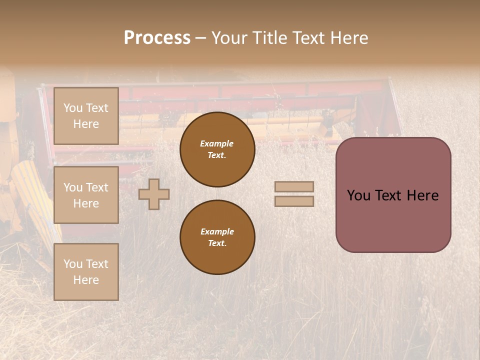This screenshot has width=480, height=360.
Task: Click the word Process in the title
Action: tap(157, 38)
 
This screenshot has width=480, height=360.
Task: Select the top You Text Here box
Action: tap(86, 116)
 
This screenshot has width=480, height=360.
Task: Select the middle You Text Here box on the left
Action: tap(86, 195)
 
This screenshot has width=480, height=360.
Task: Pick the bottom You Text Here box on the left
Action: tap(86, 271)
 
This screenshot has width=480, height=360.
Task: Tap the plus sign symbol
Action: tap(154, 194)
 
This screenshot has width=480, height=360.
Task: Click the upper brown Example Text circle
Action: tap(217, 149)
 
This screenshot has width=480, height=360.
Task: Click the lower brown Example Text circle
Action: tap(217, 237)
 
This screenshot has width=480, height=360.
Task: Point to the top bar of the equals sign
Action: tap(294, 186)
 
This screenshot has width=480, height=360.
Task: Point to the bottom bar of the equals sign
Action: tap(294, 201)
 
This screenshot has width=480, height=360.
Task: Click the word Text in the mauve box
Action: tap(390, 195)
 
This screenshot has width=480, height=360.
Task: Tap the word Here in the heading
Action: tap(350, 38)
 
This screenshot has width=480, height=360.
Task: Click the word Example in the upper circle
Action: tap(217, 143)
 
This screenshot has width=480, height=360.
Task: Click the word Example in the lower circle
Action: tap(217, 231)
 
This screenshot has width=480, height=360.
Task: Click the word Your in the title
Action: tap(229, 38)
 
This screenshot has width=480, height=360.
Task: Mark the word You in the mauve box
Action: tap(358, 195)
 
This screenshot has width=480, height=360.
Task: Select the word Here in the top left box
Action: tap(86, 124)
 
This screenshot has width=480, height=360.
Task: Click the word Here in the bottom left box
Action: tap(86, 280)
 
